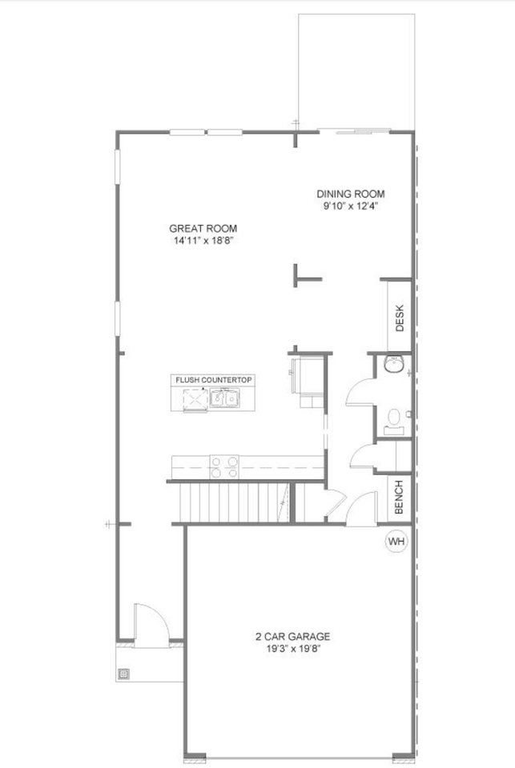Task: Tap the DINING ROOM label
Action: [350, 194]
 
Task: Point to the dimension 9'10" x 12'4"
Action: [350, 206]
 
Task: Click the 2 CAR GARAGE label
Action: [292, 637]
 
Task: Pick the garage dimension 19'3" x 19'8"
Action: [292, 649]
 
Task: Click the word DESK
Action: [400, 318]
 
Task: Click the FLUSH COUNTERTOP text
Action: [214, 379]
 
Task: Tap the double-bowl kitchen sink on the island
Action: [223, 398]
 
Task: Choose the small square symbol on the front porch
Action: [124, 674]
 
